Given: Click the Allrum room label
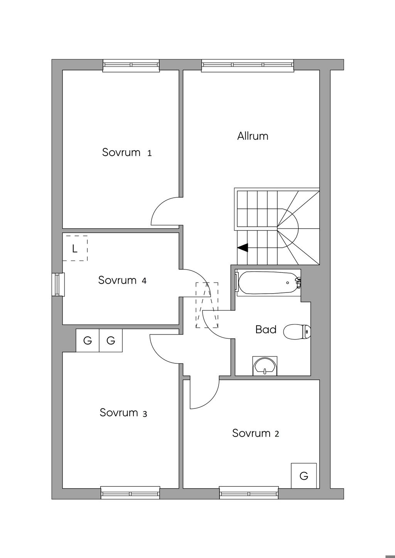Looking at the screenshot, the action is [253, 136].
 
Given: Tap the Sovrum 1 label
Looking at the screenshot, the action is [127, 152].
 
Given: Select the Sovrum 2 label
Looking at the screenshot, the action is [256, 433].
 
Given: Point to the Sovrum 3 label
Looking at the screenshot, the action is [123, 412].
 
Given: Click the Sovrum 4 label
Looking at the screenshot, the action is [122, 280].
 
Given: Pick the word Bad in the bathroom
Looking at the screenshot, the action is [266, 329].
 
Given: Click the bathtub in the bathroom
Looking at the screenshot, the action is [269, 283].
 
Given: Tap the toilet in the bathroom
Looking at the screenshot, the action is [297, 331].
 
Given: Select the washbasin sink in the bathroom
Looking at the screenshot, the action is [265, 366].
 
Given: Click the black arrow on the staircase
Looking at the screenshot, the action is [243, 248].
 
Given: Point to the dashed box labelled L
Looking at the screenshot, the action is [75, 248].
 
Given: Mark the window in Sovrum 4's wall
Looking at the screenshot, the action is [58, 284].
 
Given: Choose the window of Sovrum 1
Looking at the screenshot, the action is [131, 66].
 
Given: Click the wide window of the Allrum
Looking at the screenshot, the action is [248, 66].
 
